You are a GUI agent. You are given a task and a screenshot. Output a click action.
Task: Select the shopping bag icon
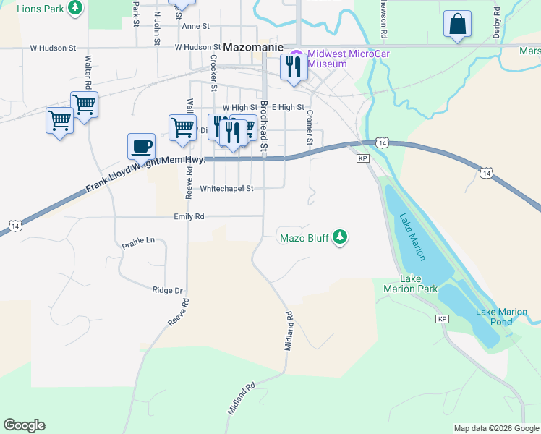pyautogui.click(x=458, y=24)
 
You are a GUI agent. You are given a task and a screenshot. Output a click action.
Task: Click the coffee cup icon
pyautogui.click(x=142, y=145)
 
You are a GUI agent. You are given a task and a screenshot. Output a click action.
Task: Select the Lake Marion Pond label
pyautogui.click(x=501, y=316)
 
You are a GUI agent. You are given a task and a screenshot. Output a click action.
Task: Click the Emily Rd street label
pyautogui.click(x=189, y=216)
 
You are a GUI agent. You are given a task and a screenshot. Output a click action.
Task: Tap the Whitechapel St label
pyautogui.click(x=226, y=188)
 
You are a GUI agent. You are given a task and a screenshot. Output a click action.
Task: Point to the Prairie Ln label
pyautogui.click(x=139, y=239)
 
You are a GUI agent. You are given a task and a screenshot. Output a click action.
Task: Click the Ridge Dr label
pyautogui.click(x=167, y=290)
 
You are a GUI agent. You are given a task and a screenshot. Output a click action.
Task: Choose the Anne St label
pyautogui.click(x=195, y=26)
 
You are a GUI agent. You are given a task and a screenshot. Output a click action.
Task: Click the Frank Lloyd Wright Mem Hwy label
pyautogui.click(x=145, y=174)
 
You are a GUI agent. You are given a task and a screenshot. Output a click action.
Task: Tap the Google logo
pyautogui.click(x=24, y=425)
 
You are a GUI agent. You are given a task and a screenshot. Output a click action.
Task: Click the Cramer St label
pyautogui.click(x=309, y=127)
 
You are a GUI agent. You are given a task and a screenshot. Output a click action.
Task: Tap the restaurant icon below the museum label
pyautogui.click(x=292, y=68)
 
